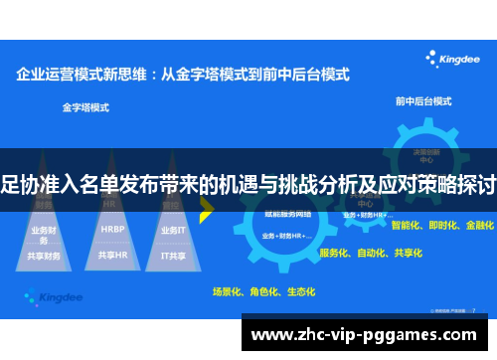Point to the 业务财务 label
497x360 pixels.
[44, 231]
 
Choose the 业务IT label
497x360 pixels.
[172, 230]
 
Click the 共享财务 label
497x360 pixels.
[44, 255]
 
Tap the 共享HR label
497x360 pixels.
[111, 255]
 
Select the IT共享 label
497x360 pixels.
[174, 255]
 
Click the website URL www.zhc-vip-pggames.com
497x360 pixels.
[368, 335]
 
